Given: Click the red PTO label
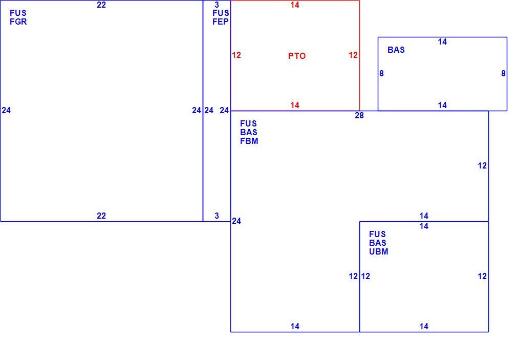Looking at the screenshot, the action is point(297,56).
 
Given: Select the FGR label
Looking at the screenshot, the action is point(18,22).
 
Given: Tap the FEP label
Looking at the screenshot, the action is point(220,22).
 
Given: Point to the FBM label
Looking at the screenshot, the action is point(249,141).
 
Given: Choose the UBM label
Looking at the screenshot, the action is point(378,251).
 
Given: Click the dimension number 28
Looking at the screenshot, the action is point(359,116).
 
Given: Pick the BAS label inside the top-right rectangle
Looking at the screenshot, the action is point(396,50).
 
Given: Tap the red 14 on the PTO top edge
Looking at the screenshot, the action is point(295,5).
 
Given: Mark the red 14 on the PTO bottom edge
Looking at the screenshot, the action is point(295,105).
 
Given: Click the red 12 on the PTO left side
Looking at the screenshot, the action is point(236,55).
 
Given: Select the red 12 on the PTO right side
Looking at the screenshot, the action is point(353,55).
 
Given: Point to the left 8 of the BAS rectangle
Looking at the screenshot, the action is point(381,74).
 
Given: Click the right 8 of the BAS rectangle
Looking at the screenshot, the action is point(503,74).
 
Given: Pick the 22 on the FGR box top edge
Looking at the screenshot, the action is point(101,5).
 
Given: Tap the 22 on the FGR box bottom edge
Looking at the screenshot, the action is point(101,216).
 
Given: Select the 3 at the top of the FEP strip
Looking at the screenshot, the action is point(217,5).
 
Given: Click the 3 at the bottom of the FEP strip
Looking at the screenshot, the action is point(217,216).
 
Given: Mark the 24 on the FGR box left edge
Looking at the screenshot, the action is point(6,111).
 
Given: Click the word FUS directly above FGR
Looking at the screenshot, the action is point(18,13).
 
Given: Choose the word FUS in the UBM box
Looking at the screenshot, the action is point(378,234).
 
